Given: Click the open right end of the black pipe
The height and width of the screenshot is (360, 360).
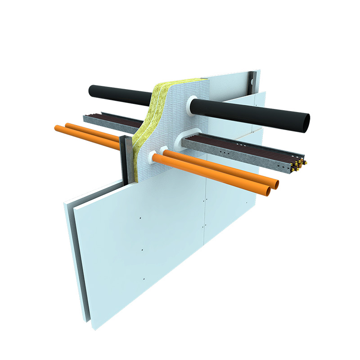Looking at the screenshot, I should click(x=306, y=121).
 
